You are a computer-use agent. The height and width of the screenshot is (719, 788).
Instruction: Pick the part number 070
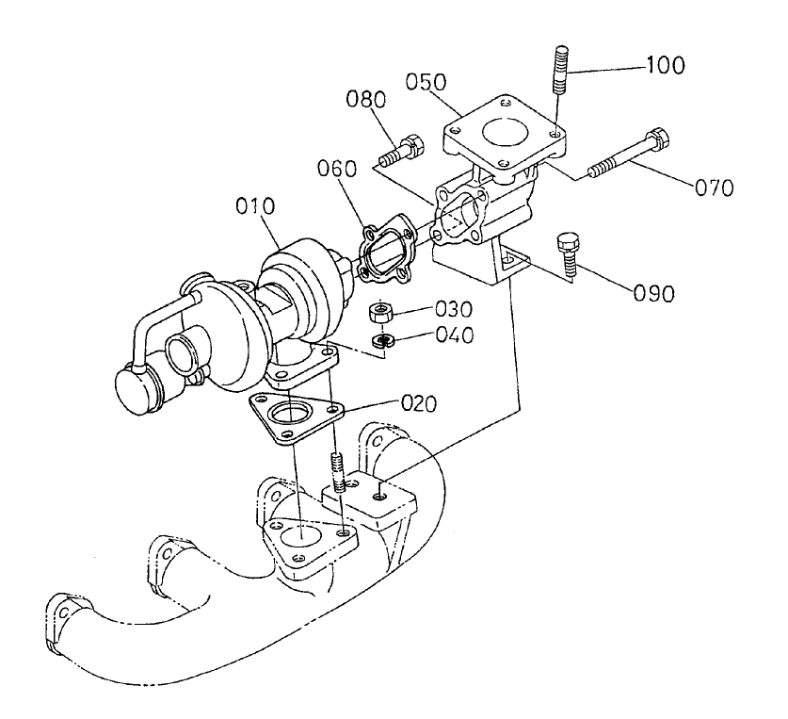coord(714,187)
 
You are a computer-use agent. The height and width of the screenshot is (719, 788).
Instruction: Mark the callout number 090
coord(654,293)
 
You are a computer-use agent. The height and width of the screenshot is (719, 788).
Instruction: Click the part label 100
coord(665,66)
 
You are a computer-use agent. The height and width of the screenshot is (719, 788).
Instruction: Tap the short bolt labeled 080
coord(403,148)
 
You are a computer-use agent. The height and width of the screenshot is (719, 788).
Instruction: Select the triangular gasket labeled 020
coord(295,418)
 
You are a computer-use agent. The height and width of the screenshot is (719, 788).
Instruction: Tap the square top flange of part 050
coord(506,123)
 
